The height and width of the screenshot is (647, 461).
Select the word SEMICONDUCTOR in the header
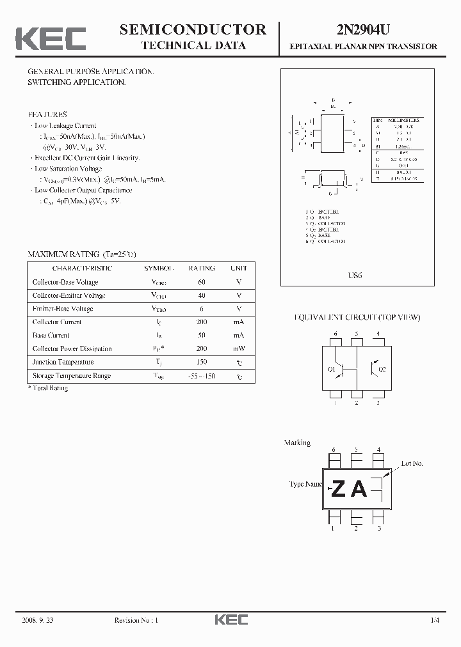(x=193, y=29)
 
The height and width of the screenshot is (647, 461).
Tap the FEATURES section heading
(x=47, y=114)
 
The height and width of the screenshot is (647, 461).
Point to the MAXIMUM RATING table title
(x=82, y=254)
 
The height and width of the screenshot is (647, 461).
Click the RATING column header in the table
(x=202, y=269)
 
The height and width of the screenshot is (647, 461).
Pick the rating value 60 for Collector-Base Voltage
(x=202, y=282)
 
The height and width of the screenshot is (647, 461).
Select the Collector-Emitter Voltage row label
(x=69, y=295)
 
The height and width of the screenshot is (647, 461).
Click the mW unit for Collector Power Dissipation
(x=239, y=348)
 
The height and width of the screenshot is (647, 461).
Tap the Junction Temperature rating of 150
(x=202, y=362)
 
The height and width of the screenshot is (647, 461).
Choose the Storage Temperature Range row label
(x=71, y=375)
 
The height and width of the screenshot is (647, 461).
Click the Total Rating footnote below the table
(x=48, y=388)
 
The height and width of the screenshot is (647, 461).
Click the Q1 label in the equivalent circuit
(x=332, y=369)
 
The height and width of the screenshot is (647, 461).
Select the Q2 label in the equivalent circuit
(x=382, y=369)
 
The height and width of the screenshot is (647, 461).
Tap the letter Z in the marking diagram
(x=339, y=489)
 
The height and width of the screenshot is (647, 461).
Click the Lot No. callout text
(x=412, y=464)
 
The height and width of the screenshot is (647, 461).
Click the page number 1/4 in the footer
(x=435, y=620)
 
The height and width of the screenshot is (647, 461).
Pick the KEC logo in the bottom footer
(x=230, y=620)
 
